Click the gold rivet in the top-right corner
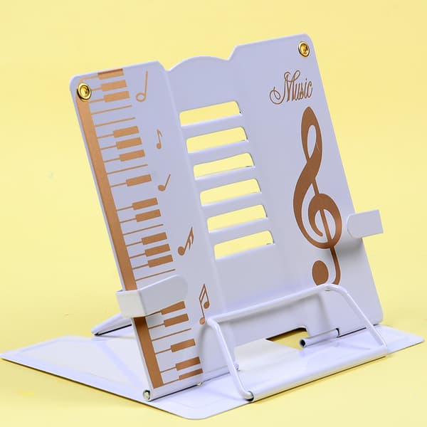tap(303, 48)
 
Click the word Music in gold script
tap(291, 88)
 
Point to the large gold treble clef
tap(317, 196)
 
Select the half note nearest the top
tap(142, 87)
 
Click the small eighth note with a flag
tap(159, 139)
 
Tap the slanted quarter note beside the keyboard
tap(164, 182)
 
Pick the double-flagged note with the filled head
tap(186, 241)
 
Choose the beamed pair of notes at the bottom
tap(204, 304)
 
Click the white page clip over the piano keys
tap(151, 295)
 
